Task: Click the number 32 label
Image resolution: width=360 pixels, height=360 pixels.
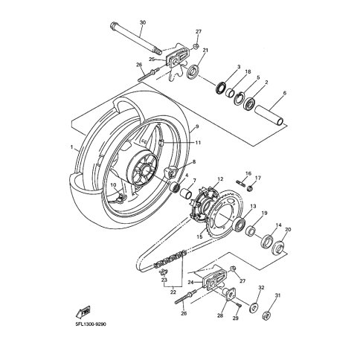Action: (x=261, y=286)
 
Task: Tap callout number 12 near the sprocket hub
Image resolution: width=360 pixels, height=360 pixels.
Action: (x=220, y=179)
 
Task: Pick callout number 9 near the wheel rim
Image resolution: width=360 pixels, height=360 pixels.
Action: (x=198, y=127)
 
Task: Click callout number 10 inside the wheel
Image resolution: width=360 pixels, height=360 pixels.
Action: (x=113, y=186)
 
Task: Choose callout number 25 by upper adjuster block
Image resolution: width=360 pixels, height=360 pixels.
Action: (x=151, y=59)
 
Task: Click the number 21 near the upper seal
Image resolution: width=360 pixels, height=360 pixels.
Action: (x=205, y=50)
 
